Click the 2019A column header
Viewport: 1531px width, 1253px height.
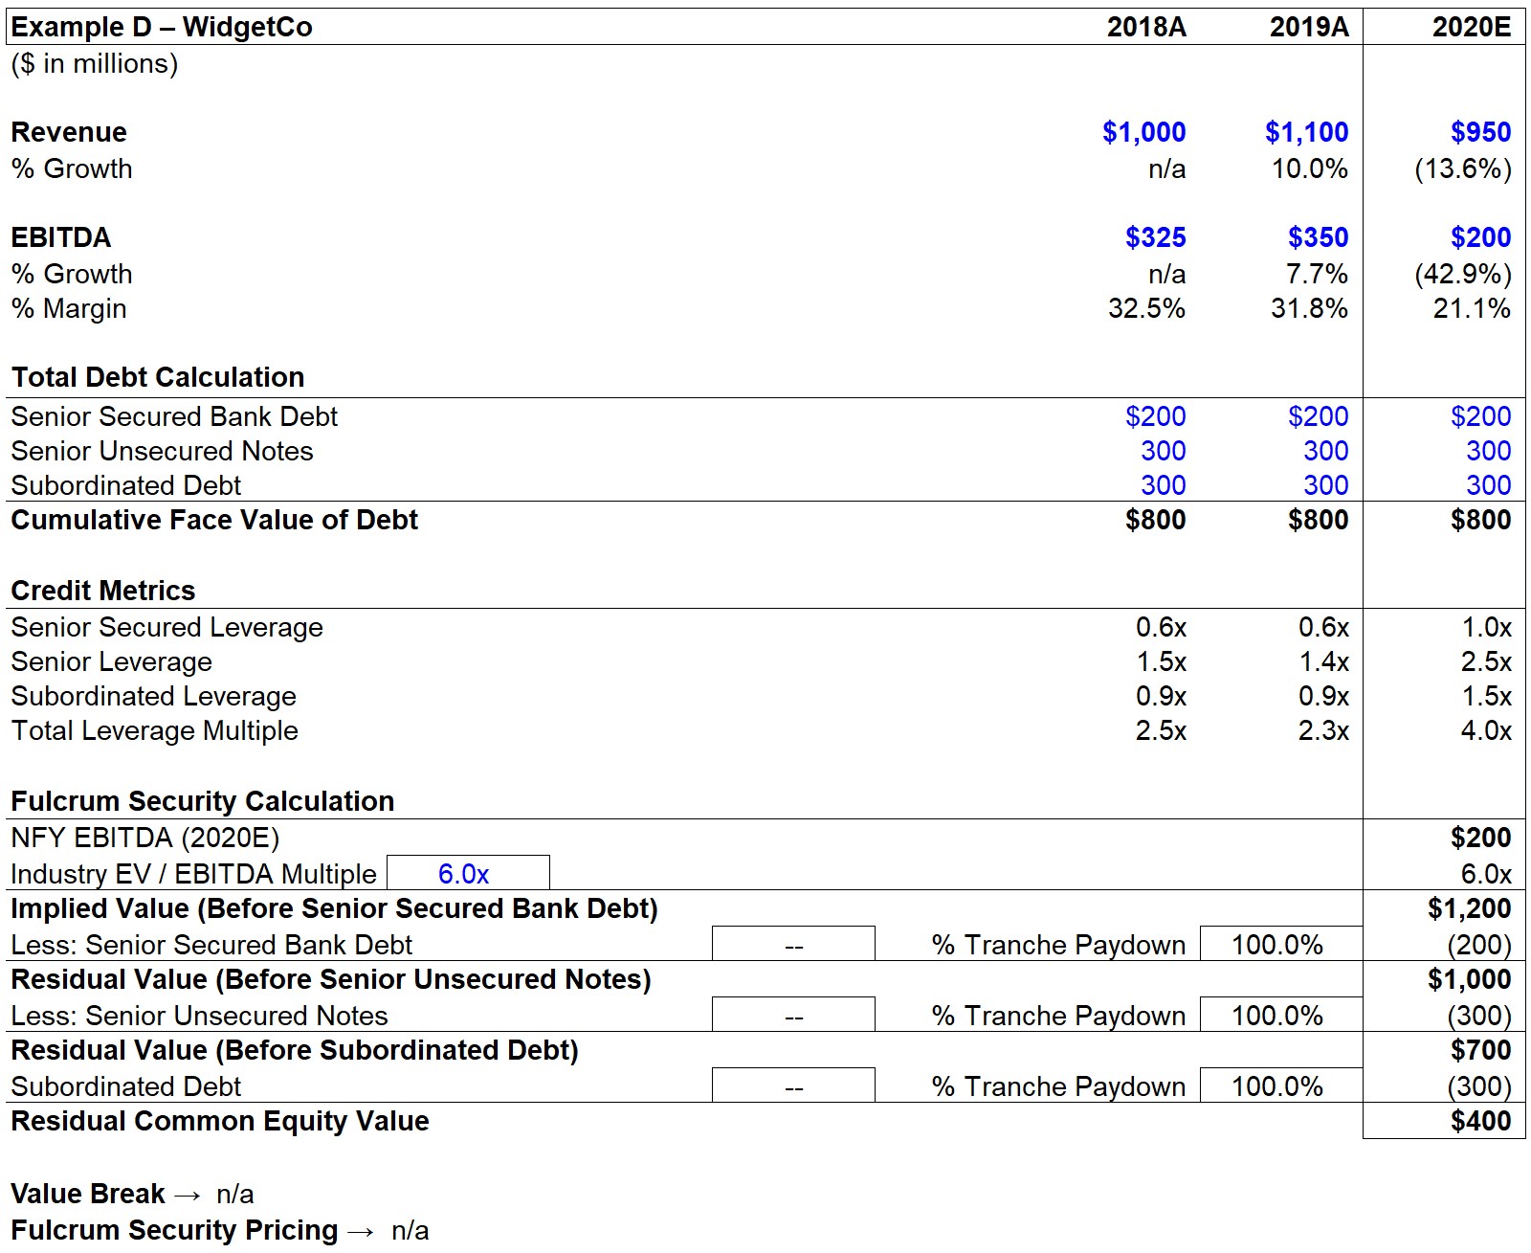point(1309,27)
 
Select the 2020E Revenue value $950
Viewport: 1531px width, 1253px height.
point(1480,132)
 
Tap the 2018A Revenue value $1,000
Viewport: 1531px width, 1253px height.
point(1143,132)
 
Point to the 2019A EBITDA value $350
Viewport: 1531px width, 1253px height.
point(1318,237)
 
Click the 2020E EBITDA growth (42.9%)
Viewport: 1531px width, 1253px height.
point(1463,274)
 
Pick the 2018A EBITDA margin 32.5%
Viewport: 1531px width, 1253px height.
point(1146,309)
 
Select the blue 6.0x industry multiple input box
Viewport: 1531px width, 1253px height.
point(468,872)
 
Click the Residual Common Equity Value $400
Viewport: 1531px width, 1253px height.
point(1480,1121)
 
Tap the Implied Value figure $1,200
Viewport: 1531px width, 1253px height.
point(1469,908)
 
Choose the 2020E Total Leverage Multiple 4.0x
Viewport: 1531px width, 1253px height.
point(1486,730)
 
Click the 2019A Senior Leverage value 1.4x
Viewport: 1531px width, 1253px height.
point(1323,661)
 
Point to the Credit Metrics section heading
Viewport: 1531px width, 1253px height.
point(103,591)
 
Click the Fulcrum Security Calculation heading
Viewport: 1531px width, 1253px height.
point(203,801)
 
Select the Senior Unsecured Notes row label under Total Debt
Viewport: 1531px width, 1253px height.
point(162,451)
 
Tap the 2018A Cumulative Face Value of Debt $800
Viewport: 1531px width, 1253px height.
point(1155,520)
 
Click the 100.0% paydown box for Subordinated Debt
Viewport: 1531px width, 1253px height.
point(1280,1085)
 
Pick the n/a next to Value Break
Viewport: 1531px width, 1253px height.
point(235,1195)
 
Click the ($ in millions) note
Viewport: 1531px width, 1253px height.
point(95,64)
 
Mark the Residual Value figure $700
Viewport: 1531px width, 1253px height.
point(1480,1050)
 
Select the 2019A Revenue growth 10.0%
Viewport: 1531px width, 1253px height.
point(1309,168)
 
